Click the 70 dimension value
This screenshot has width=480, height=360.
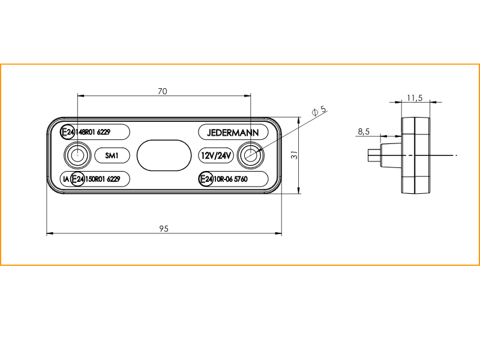(x=163, y=91)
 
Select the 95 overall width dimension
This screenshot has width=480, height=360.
(x=164, y=229)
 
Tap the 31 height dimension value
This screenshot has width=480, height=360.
(x=295, y=155)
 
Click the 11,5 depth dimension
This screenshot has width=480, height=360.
(x=415, y=98)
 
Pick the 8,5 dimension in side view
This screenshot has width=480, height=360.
(x=364, y=131)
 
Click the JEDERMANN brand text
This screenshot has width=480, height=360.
(x=233, y=133)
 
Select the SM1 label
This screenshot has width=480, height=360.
(x=112, y=155)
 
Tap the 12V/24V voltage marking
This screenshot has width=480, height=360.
(x=216, y=155)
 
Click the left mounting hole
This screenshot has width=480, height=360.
(x=77, y=155)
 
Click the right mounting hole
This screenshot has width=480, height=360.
(x=251, y=155)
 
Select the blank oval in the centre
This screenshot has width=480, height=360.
(x=164, y=155)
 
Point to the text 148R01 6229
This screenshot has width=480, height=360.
(x=93, y=132)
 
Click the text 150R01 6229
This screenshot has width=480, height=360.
(x=103, y=179)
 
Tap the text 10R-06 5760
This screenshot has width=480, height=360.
(x=230, y=179)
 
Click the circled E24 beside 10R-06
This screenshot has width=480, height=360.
(x=206, y=179)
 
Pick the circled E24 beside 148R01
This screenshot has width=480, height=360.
(x=67, y=132)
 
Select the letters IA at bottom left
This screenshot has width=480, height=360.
(x=66, y=179)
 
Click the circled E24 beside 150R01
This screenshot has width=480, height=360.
(x=77, y=179)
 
